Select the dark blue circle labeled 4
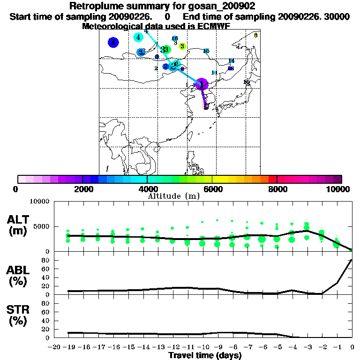(113, 43)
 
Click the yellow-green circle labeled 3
(182, 46)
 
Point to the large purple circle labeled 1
(202, 84)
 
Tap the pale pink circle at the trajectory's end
(206, 107)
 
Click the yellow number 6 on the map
(255, 35)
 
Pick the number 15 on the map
(206, 51)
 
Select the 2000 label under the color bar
(82, 189)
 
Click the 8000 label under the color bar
(277, 189)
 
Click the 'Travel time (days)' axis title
(205, 355)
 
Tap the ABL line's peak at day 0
(352, 259)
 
